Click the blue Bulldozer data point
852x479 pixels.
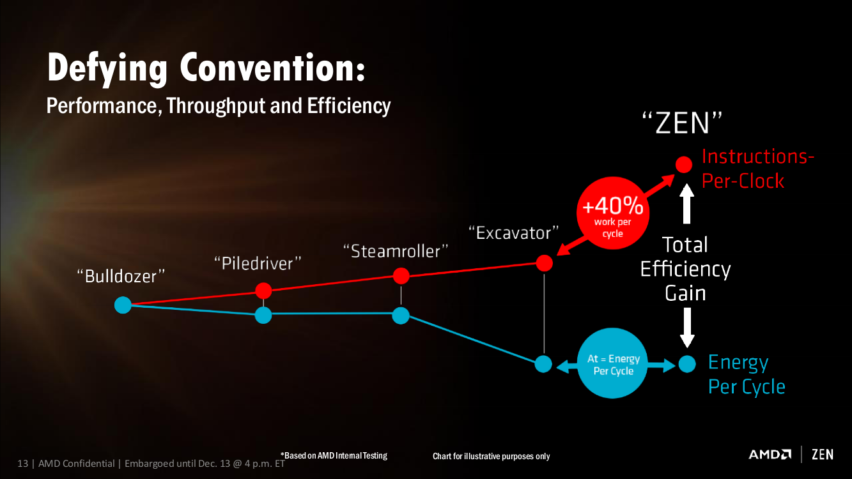(123, 305)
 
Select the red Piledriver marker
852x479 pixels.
(263, 291)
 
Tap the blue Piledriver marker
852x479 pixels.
(263, 315)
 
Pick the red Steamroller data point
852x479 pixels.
(401, 276)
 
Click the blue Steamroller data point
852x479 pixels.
(401, 316)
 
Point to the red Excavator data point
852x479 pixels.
(545, 263)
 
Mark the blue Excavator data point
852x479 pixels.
(543, 364)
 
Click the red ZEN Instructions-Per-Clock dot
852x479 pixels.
(684, 165)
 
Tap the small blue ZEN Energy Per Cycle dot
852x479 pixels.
(687, 364)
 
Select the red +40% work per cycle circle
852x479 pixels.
(613, 213)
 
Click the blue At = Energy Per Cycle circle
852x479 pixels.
(613, 363)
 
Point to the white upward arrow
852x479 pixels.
(686, 204)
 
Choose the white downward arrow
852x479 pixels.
(687, 328)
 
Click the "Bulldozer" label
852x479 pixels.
(121, 276)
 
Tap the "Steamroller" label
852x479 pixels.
(396, 251)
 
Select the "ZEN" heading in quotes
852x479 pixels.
(683, 123)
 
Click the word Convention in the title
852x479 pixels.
(272, 68)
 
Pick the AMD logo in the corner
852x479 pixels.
(770, 454)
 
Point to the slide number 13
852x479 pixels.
(22, 464)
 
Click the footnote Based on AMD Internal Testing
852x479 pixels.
(334, 455)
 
